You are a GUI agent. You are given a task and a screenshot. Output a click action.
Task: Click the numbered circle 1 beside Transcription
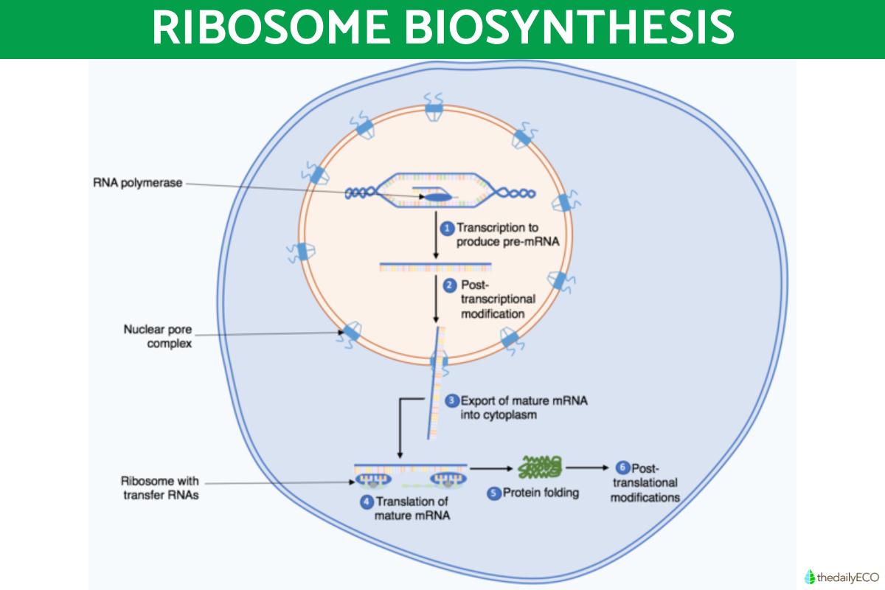(x=446, y=229)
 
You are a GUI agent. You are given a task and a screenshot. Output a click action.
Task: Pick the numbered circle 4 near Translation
(x=366, y=502)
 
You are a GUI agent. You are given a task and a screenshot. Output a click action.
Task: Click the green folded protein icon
(x=541, y=467)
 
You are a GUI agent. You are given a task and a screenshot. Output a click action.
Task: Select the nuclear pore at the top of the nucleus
(x=434, y=108)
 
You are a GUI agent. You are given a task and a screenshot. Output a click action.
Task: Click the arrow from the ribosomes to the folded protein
(x=493, y=468)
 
